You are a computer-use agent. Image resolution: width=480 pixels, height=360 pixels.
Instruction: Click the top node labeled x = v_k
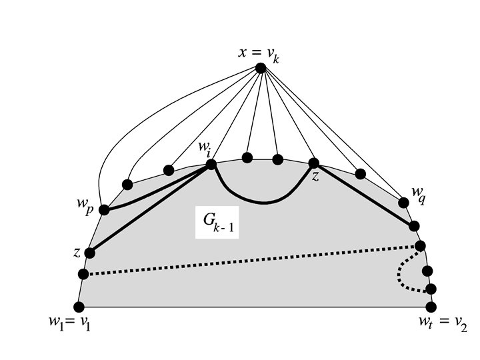coord(261,67)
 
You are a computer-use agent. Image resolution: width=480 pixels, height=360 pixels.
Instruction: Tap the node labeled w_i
coord(211,164)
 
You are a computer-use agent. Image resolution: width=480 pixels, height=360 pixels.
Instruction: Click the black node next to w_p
coord(104,210)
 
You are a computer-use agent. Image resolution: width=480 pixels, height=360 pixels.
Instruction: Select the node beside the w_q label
coord(403,202)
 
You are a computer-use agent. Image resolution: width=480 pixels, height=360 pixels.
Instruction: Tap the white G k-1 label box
coord(217,223)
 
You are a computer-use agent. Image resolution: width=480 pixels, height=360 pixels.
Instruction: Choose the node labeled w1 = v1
coord(79,307)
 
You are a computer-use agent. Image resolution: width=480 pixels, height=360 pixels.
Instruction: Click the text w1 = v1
coord(69,325)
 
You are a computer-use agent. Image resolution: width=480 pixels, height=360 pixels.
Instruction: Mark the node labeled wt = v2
coord(431,307)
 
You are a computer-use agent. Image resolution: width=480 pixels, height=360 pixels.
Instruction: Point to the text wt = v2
coord(442,325)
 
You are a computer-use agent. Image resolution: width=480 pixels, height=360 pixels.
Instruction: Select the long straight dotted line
coord(253,260)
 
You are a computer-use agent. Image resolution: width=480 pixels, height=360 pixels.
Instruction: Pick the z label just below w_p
coord(77,253)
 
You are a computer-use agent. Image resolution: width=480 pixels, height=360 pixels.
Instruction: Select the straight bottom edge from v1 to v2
coord(253,307)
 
